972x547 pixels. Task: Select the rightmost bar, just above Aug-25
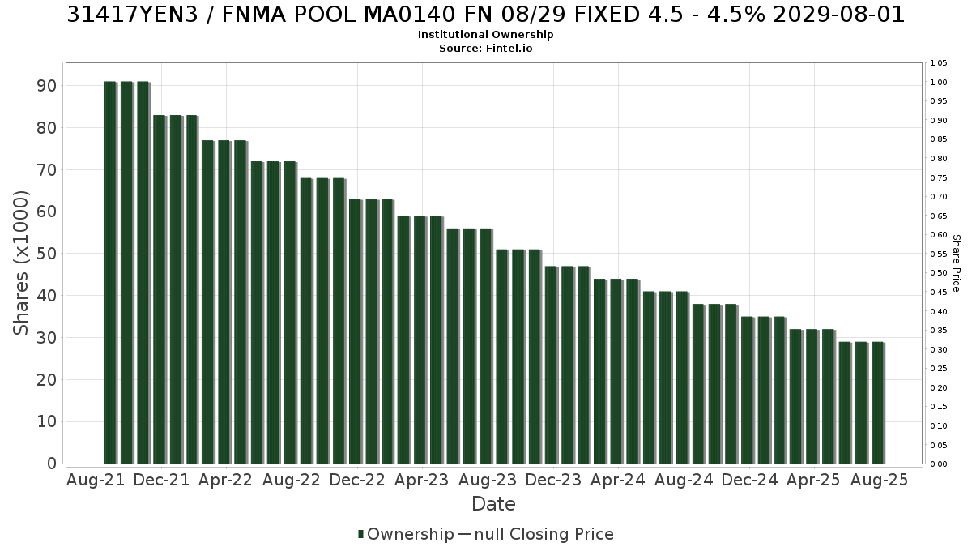click(x=878, y=403)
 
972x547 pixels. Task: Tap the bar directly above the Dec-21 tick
click(x=160, y=289)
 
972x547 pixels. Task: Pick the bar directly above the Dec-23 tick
click(x=552, y=365)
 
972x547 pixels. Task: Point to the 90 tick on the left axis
click(x=46, y=86)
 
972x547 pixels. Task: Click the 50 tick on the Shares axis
click(x=46, y=254)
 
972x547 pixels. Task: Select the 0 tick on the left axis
click(x=52, y=464)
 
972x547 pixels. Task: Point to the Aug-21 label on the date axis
click(x=96, y=480)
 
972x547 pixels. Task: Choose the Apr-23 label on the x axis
click(x=422, y=480)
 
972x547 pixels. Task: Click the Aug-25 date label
click(x=879, y=480)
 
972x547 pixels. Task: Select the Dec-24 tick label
click(x=749, y=480)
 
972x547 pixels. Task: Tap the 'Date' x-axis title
click(x=493, y=504)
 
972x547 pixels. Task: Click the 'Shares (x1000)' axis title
click(x=20, y=263)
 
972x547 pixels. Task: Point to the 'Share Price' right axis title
click(x=957, y=263)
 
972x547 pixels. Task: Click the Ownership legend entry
click(x=406, y=534)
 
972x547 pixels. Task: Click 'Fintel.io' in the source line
click(x=509, y=48)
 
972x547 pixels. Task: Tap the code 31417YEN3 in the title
click(x=132, y=15)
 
